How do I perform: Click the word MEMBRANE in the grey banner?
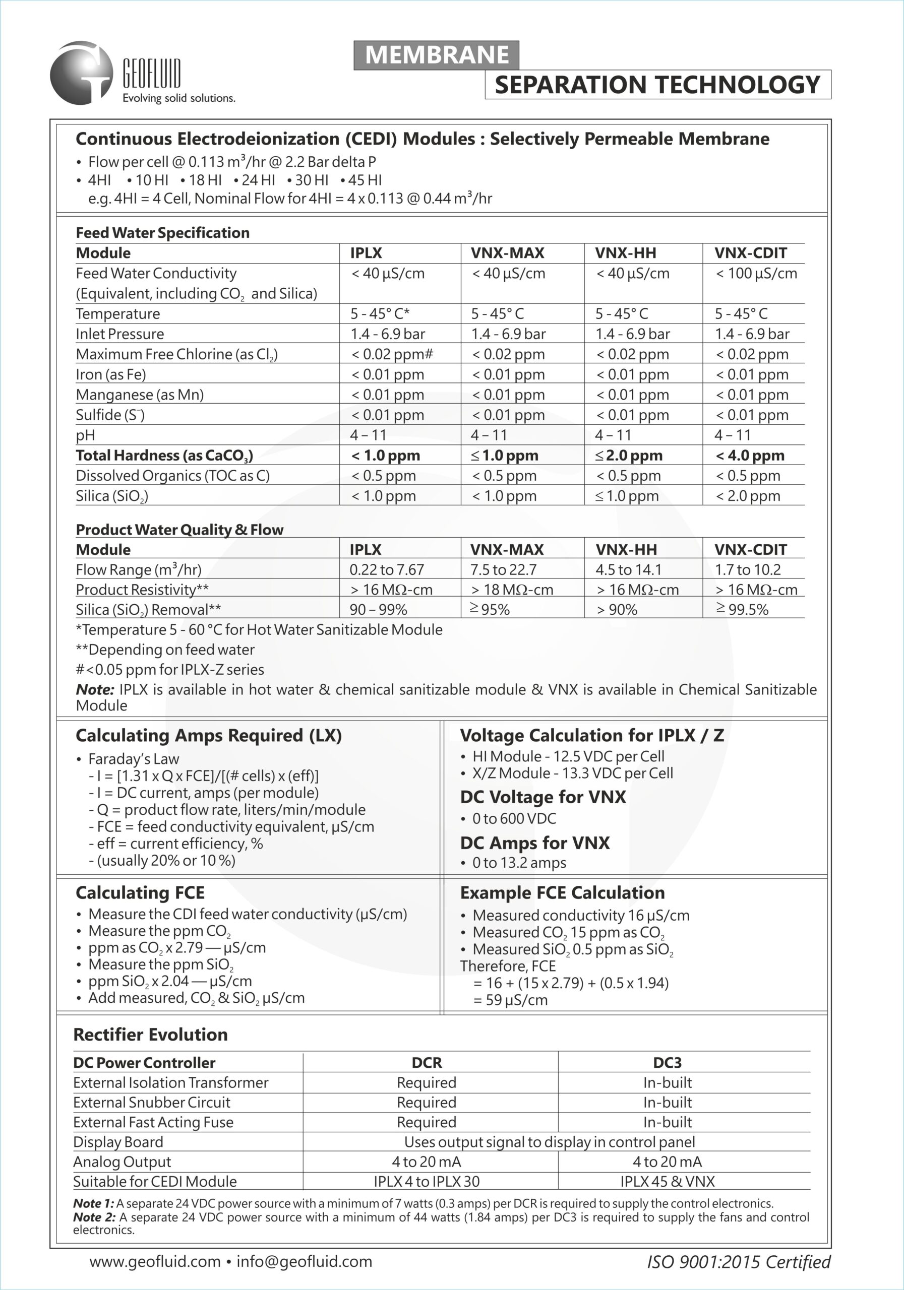pyautogui.click(x=436, y=55)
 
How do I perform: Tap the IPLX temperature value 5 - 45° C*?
pyautogui.click(x=380, y=313)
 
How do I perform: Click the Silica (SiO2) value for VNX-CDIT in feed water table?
pyautogui.click(x=748, y=496)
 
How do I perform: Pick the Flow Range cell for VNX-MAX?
pyautogui.click(x=503, y=570)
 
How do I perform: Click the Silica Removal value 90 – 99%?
pyautogui.click(x=378, y=610)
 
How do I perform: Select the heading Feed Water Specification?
pyautogui.click(x=162, y=233)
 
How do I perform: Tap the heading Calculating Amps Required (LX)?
pyautogui.click(x=209, y=736)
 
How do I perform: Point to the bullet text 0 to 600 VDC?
pyautogui.click(x=514, y=819)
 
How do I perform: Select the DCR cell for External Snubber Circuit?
pyautogui.click(x=426, y=1103)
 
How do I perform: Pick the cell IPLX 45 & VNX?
pyautogui.click(x=668, y=1181)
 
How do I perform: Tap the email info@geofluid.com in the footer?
pyautogui.click(x=304, y=1261)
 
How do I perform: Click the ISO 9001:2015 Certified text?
pyautogui.click(x=739, y=1262)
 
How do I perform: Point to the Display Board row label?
pyautogui.click(x=118, y=1142)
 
